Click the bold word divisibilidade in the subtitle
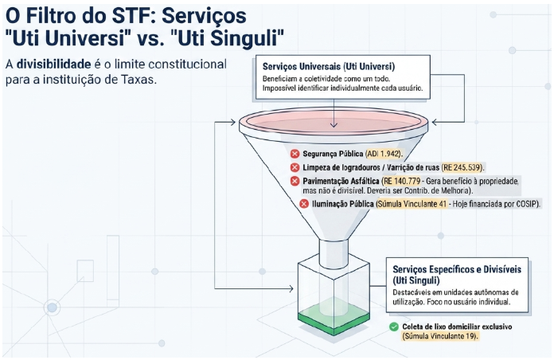[x=53, y=65]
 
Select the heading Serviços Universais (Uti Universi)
[x=329, y=66]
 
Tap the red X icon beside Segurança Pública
[x=295, y=154]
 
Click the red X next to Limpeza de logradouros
[x=295, y=167]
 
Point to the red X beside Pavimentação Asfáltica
[x=295, y=181]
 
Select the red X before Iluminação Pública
[x=304, y=204]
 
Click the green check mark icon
[x=393, y=327]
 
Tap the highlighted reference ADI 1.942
[x=384, y=154]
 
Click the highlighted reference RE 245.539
[x=462, y=167]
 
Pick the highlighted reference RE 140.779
[x=402, y=181]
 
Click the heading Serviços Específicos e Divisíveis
[x=457, y=269]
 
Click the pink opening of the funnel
[x=334, y=121]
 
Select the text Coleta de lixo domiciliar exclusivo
[x=457, y=327]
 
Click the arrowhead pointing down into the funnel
[x=334, y=125]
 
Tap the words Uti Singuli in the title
[x=231, y=37]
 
